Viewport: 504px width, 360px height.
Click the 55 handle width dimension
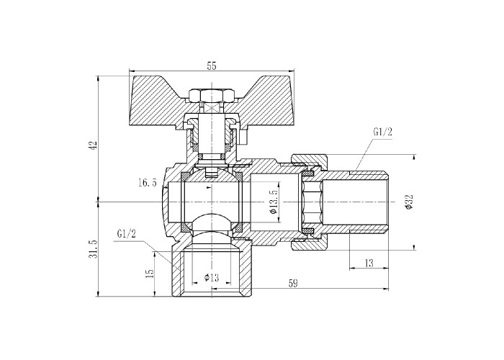[212, 66]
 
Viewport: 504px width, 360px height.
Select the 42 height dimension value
[94, 145]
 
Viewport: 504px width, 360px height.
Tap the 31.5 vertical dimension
[94, 249]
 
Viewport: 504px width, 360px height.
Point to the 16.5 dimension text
[148, 183]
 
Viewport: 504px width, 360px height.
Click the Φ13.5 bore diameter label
[274, 202]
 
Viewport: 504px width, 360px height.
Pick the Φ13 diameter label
[212, 276]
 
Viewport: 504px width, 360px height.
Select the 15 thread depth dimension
[150, 273]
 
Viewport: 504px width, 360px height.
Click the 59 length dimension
[293, 283]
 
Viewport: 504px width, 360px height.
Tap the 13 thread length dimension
[369, 264]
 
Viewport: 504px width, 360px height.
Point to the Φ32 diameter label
[409, 202]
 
